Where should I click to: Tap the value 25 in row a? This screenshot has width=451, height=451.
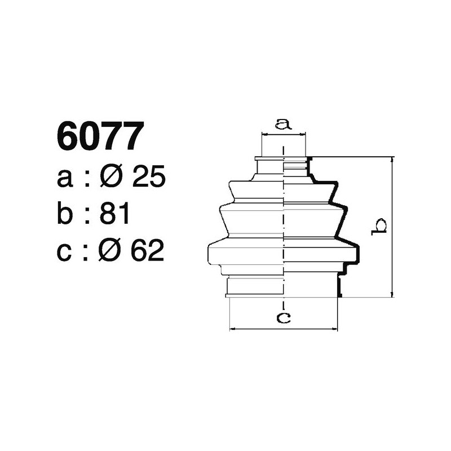click(x=148, y=178)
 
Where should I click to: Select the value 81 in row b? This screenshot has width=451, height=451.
click(x=114, y=214)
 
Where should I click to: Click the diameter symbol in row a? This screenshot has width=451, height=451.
click(x=111, y=178)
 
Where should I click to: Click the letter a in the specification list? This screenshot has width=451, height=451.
click(x=65, y=179)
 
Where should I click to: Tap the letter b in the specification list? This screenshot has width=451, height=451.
click(x=65, y=214)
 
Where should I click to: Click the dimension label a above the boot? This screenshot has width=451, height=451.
click(x=284, y=123)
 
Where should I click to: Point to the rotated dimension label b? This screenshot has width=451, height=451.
click(x=381, y=225)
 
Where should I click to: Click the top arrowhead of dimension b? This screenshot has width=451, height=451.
click(x=391, y=161)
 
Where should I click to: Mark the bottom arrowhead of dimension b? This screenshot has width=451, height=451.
click(x=391, y=294)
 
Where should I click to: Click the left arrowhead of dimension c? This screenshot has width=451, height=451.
click(x=233, y=329)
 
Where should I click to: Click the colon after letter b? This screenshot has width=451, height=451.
click(x=87, y=215)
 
